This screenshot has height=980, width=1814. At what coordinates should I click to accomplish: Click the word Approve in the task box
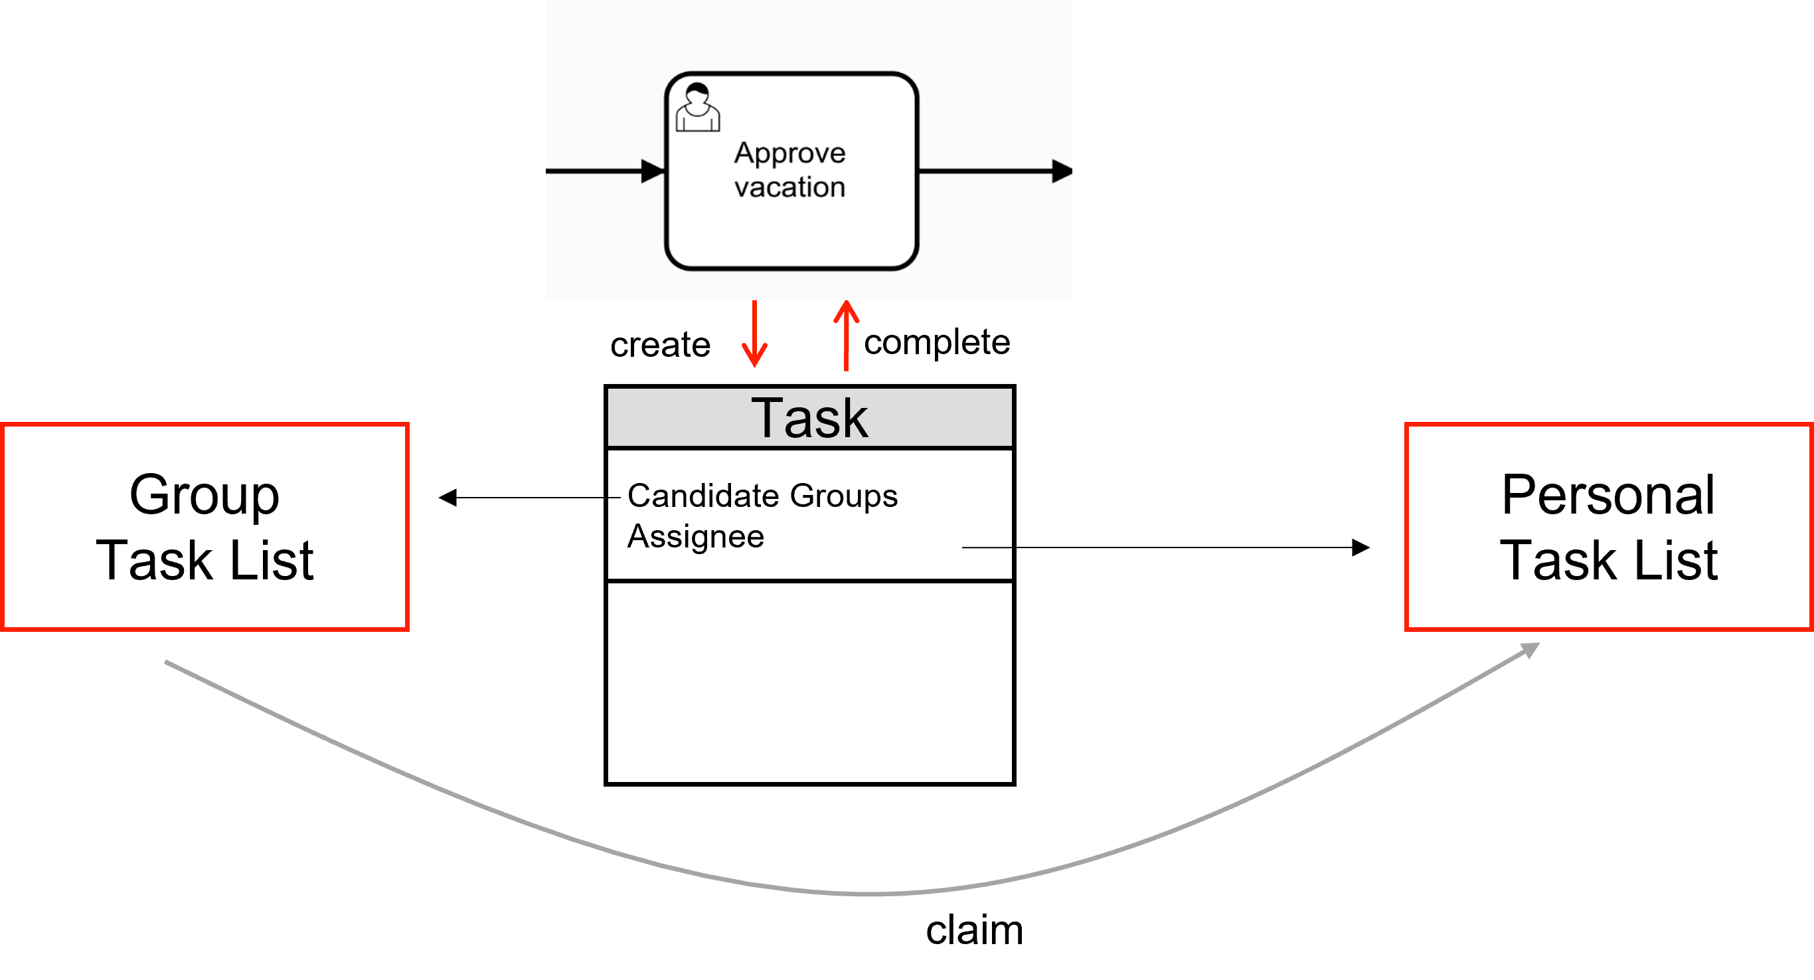tap(789, 153)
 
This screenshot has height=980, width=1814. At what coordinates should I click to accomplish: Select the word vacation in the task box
tap(789, 187)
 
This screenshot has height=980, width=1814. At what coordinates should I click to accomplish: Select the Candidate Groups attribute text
tap(762, 496)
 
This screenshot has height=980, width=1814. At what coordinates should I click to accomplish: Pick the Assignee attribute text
tap(696, 537)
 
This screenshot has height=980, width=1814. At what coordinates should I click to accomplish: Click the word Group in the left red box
tap(205, 495)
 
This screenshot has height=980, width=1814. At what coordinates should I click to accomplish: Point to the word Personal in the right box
tap(1608, 495)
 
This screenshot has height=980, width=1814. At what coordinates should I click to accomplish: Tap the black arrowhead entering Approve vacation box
tap(653, 171)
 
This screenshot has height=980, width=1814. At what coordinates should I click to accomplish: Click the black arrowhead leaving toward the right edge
tap(1062, 171)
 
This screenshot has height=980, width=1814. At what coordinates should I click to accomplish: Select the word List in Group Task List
tap(272, 561)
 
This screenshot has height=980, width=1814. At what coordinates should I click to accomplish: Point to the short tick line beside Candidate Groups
tap(614, 498)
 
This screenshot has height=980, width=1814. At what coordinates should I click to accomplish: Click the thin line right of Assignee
tap(987, 547)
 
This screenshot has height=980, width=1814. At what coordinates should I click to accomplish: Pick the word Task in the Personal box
tap(1558, 561)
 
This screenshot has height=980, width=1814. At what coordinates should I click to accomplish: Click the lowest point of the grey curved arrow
tap(866, 894)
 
